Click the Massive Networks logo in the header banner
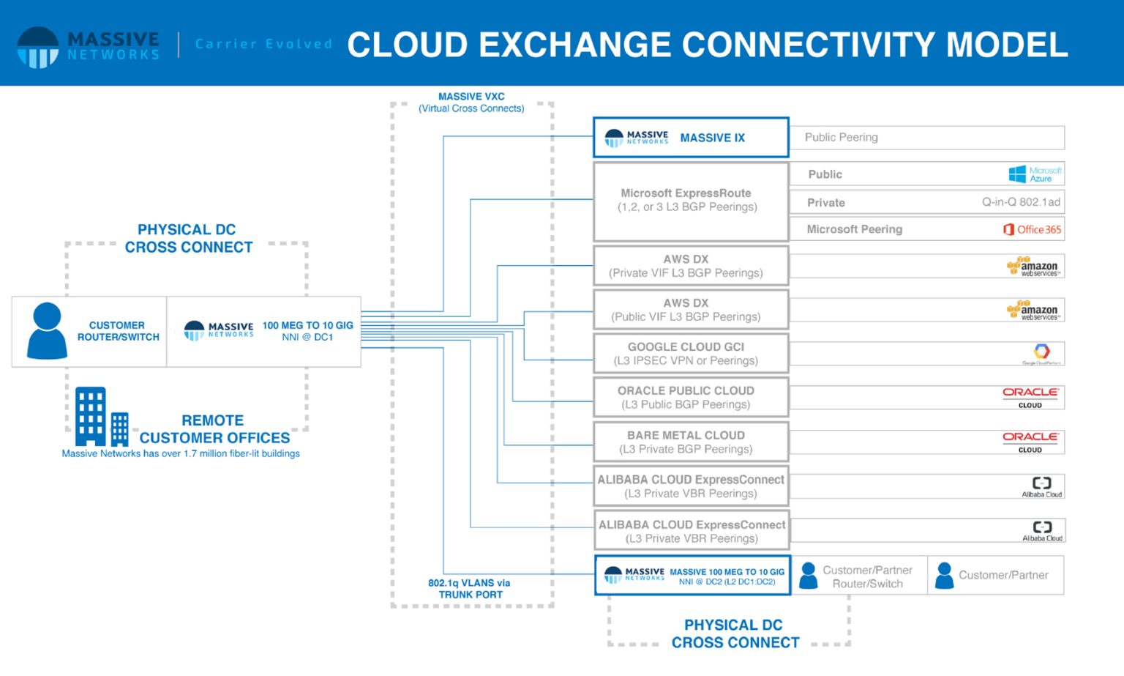click(88, 46)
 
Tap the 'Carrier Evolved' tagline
click(263, 44)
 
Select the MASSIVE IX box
click(690, 138)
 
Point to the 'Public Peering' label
click(841, 138)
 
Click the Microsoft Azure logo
click(1035, 174)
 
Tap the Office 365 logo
click(1032, 229)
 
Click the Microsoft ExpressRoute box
click(687, 200)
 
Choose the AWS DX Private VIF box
click(686, 266)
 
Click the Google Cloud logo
click(1041, 353)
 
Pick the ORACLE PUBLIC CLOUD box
click(686, 398)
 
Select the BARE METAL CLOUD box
click(686, 442)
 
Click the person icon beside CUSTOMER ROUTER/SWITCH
click(47, 331)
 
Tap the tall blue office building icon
click(91, 416)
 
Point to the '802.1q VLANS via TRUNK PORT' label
click(470, 589)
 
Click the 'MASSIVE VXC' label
click(471, 103)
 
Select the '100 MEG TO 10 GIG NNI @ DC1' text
click(307, 331)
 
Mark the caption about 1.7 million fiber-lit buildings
click(181, 454)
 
